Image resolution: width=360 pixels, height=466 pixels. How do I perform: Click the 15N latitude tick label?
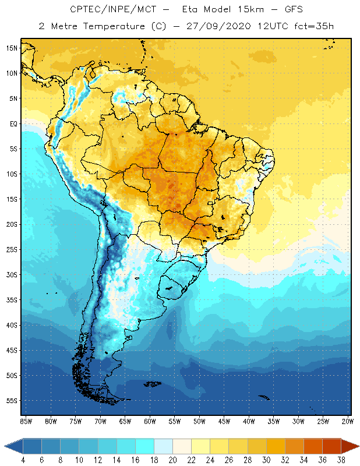12,48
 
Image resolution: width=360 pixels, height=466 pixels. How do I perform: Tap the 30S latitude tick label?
12,274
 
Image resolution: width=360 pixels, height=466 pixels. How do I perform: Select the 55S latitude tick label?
12,401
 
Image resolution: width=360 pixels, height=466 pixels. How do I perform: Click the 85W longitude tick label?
26,421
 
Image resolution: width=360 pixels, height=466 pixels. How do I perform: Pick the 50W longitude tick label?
200,421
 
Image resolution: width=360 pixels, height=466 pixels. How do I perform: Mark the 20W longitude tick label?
348,421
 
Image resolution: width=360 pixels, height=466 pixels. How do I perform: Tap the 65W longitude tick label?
125,421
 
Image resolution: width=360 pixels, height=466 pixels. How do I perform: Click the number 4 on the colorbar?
23,460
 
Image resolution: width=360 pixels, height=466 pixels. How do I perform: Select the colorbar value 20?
172,460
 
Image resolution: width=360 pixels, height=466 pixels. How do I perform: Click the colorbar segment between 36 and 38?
331,446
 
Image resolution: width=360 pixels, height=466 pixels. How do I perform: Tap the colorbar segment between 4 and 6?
33,446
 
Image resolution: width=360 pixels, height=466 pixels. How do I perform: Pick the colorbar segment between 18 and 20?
163,446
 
